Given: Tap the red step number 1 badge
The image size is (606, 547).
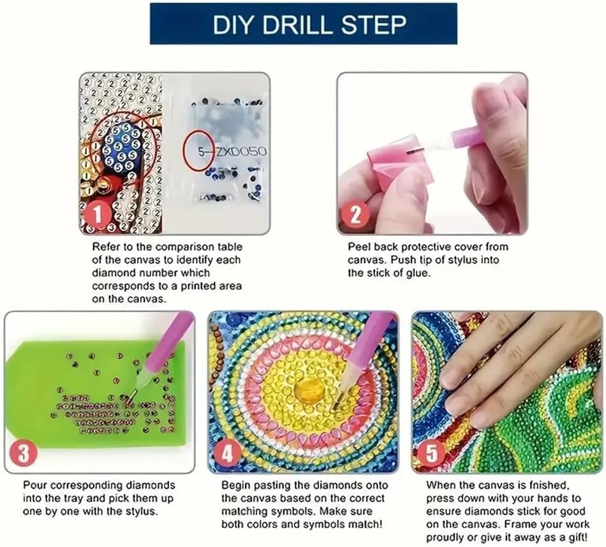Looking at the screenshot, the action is click(97, 215).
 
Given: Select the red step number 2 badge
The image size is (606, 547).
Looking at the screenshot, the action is click(355, 214).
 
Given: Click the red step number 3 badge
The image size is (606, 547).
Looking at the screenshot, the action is click(24, 454).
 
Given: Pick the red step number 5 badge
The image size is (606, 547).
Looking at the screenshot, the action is click(431, 453).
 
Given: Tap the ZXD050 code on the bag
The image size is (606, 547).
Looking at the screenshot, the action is click(240, 152).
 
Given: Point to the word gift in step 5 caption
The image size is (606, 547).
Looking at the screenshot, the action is click(578, 537).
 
